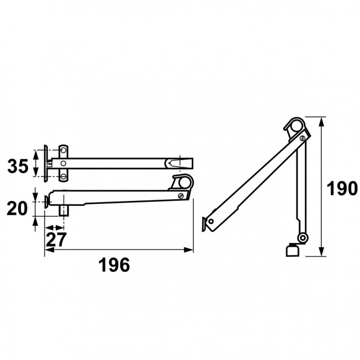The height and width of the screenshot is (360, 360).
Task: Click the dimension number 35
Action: [x=17, y=166]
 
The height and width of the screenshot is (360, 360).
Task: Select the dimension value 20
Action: [x=17, y=208]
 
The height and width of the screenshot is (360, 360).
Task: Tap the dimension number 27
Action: [x=56, y=239]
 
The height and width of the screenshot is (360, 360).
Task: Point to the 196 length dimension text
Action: [x=114, y=265]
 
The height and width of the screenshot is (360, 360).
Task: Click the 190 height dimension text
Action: [x=342, y=188]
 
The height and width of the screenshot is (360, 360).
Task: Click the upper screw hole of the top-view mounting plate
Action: [x=64, y=151]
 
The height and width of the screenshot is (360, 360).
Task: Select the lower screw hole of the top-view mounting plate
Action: [x=64, y=176]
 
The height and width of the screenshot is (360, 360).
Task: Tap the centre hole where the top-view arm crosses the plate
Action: [x=64, y=163]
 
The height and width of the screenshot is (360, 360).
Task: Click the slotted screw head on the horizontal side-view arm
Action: [x=181, y=196]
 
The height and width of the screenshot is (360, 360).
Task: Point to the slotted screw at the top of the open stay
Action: [x=303, y=138]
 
